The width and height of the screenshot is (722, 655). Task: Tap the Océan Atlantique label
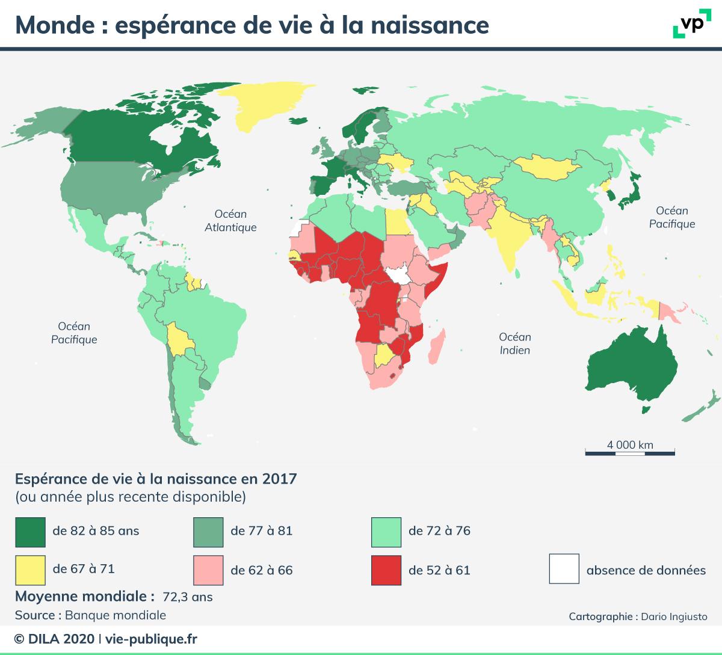[x=230, y=221]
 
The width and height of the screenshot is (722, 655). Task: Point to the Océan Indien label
[x=515, y=343]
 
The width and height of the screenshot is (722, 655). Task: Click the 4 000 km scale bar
[x=630, y=451]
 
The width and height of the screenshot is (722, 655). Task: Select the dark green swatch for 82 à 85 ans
[x=31, y=530]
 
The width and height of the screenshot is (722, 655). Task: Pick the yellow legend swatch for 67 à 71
[x=31, y=569]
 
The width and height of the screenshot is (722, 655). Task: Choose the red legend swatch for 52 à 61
[x=386, y=569]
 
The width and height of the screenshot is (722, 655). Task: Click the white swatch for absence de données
[x=564, y=569]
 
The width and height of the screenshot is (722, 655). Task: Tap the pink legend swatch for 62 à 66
[x=208, y=569]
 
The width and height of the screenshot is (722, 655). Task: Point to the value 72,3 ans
[x=188, y=597]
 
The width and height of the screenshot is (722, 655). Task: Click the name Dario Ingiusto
[x=674, y=617]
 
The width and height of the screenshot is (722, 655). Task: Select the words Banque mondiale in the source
[x=115, y=615]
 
